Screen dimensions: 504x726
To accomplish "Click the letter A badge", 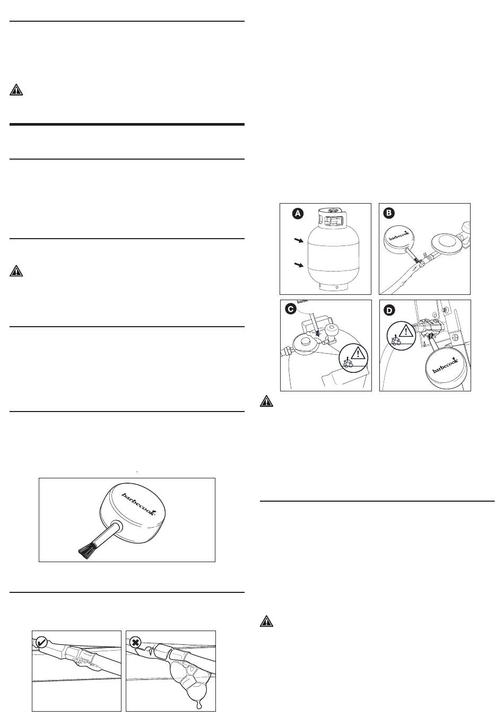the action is [298, 214].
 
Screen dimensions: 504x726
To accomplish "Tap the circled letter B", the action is [389, 213].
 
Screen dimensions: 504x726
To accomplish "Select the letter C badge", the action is [291, 309].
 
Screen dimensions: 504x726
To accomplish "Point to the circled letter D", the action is [389, 310].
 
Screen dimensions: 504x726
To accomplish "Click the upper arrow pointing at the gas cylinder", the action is [299, 240].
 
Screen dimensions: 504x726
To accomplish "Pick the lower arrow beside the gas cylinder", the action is [299, 265].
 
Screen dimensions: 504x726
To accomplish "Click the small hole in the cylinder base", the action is [337, 287].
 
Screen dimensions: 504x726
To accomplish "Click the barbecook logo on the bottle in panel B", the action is [399, 235].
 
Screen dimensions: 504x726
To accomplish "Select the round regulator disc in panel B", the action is [446, 244].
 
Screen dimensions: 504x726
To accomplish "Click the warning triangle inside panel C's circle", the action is [358, 353].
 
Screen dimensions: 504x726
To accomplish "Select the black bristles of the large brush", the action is [86, 550].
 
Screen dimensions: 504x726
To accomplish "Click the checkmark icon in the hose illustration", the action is [42, 642].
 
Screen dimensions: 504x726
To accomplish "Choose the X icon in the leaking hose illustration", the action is [135, 642].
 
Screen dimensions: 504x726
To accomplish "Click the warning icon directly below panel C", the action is [266, 401].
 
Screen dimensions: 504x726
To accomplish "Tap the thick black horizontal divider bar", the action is [127, 124].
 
